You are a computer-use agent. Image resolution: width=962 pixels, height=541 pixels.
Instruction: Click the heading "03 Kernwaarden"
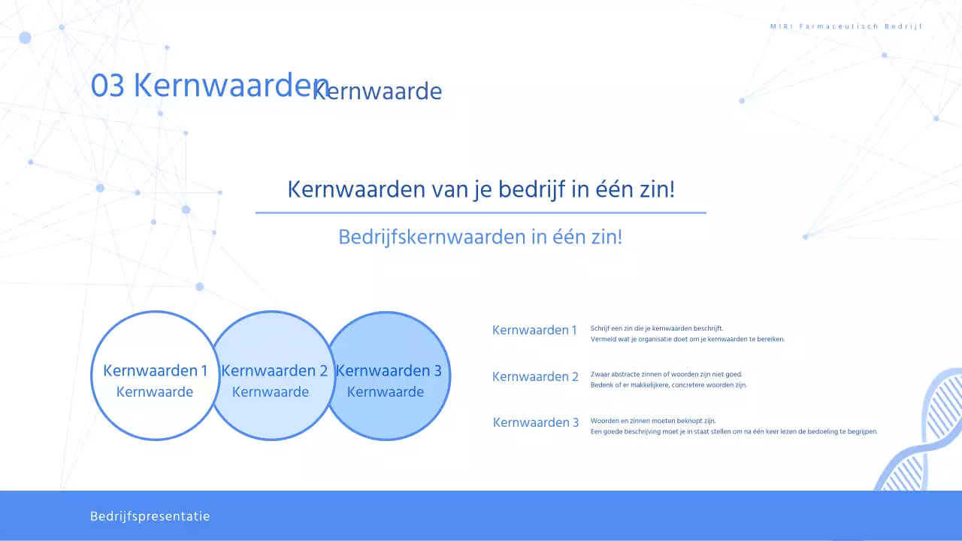click(203, 86)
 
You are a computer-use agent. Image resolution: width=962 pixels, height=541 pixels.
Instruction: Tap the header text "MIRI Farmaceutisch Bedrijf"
click(846, 26)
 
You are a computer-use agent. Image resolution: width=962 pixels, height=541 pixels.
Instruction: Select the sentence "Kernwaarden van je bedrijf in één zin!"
click(481, 189)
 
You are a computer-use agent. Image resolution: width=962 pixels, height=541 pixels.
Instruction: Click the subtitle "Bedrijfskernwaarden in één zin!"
click(480, 237)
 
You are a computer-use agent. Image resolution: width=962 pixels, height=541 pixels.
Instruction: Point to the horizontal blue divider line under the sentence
click(481, 213)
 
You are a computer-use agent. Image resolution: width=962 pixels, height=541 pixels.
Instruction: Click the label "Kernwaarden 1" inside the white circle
click(155, 370)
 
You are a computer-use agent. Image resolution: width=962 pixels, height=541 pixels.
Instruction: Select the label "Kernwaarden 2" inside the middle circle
click(274, 370)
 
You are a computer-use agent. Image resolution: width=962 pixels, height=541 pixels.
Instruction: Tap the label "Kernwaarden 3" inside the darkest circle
click(389, 370)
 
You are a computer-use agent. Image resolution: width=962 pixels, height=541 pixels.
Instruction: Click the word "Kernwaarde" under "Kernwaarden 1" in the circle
click(155, 392)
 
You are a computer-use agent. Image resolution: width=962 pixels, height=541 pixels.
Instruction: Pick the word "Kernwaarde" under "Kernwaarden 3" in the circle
click(386, 392)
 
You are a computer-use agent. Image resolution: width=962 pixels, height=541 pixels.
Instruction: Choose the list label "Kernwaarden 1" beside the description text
click(534, 330)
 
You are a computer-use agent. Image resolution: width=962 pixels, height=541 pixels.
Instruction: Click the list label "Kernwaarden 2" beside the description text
click(535, 376)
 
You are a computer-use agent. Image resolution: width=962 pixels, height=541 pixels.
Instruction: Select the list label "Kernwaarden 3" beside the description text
click(536, 422)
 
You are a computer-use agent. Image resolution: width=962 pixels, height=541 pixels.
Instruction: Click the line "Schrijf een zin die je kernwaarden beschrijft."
click(657, 328)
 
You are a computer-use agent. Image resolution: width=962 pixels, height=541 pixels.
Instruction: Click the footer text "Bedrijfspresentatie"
click(150, 516)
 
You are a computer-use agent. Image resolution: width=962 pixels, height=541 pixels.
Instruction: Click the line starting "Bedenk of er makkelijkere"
click(669, 385)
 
